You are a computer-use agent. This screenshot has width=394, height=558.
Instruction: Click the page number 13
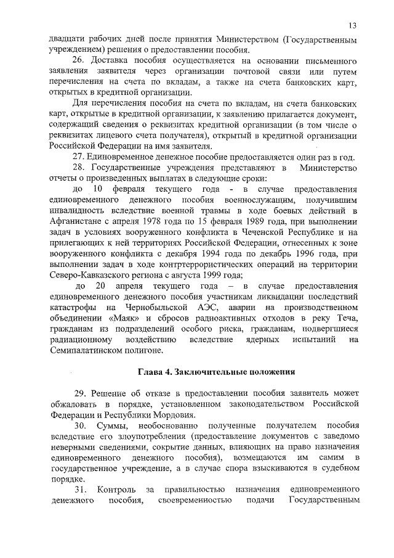[x=352, y=26]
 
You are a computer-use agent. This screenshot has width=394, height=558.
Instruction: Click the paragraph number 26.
[x=78, y=61]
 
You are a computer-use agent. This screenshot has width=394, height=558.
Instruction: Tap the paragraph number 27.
[x=78, y=157]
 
